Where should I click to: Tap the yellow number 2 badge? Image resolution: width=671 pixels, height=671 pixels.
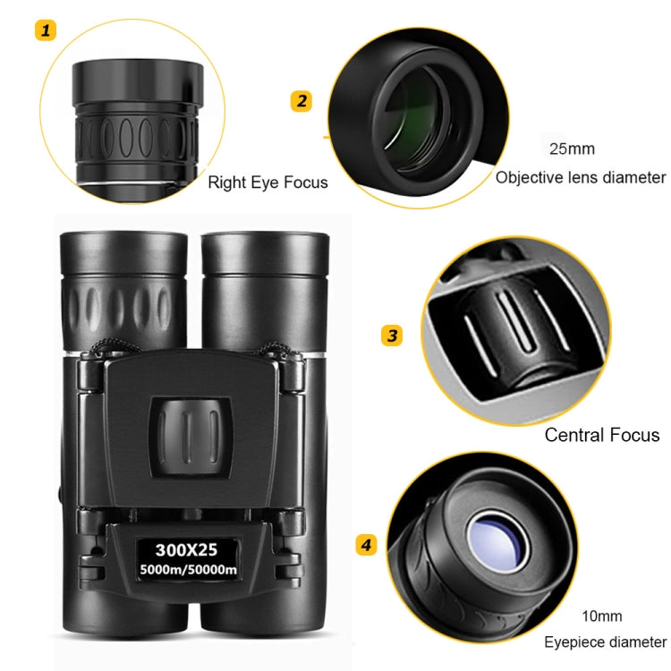pyautogui.click(x=302, y=101)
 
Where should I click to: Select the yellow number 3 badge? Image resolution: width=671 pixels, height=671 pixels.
pyautogui.click(x=391, y=336)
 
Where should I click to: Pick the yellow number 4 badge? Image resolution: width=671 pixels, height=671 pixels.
pyautogui.click(x=366, y=545)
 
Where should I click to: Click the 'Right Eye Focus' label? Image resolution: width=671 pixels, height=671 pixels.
pyautogui.click(x=268, y=183)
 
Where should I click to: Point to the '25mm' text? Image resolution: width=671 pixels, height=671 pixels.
pyautogui.click(x=572, y=149)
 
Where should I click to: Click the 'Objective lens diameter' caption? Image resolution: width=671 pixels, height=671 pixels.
pyautogui.click(x=581, y=177)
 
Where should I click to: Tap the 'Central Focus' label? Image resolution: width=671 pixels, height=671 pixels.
pyautogui.click(x=601, y=436)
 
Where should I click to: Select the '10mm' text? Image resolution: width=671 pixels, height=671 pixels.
pyautogui.click(x=600, y=616)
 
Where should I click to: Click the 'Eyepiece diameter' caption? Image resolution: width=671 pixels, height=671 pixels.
pyautogui.click(x=605, y=642)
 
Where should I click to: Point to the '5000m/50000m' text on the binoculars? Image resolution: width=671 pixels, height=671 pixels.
pyautogui.click(x=186, y=567)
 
